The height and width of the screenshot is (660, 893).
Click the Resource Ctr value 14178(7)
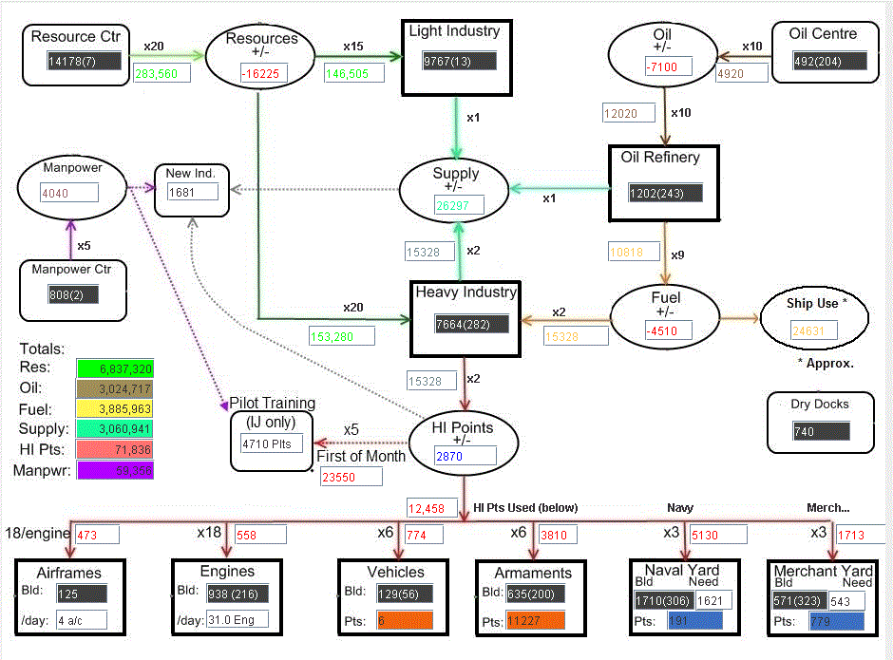pos(85,61)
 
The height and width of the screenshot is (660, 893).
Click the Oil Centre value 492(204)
pos(829,61)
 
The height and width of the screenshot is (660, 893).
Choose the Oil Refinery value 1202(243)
pos(665,193)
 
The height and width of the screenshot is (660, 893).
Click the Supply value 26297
pos(460,204)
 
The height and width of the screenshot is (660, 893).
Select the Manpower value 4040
pos(68,192)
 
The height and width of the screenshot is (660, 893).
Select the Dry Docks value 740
pos(821,432)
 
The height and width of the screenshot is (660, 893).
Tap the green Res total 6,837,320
pos(115,368)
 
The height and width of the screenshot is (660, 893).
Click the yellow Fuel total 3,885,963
pos(115,409)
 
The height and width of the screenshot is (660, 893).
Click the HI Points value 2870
pos(465,456)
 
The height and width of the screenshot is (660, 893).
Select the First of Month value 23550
pos(351,478)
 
